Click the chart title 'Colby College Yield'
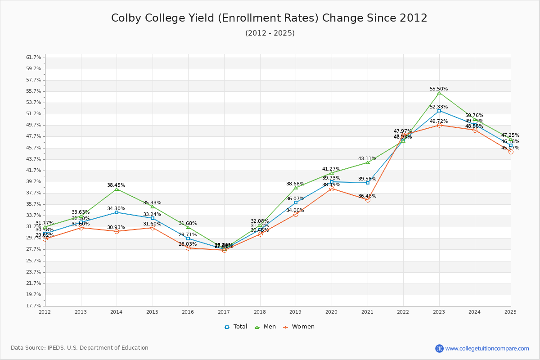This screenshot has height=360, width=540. coord(269,18)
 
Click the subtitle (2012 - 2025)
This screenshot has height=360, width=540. coord(270,33)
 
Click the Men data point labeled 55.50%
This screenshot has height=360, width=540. coord(439,93)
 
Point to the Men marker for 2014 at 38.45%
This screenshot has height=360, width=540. coord(117,189)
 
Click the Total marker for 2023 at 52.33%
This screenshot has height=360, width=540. coord(439,111)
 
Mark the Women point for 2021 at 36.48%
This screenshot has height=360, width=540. coord(368,200)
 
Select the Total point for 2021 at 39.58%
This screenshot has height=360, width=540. coord(368,183)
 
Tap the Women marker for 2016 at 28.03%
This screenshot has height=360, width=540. coord(188,248)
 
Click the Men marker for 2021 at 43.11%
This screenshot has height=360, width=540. coord(368,162)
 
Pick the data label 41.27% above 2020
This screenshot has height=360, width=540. coord(331,169)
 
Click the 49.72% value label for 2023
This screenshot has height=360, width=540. coord(439,121)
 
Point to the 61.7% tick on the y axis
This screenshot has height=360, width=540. coord(34,58)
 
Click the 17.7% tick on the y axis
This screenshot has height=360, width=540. coord(34,306)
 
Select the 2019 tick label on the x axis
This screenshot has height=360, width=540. coord(296,312)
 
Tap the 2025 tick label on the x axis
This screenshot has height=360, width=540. coord(511,312)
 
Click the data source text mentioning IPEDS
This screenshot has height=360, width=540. coord(80,348)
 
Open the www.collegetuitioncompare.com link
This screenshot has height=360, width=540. coord(487,348)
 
